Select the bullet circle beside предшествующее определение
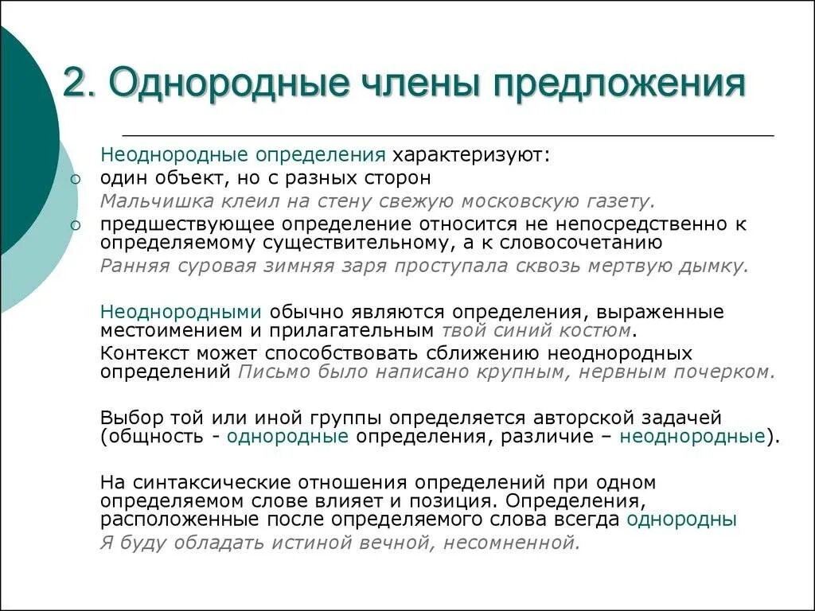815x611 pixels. [x=75, y=226]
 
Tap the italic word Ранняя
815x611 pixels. [x=131, y=266]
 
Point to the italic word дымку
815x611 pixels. [x=715, y=266]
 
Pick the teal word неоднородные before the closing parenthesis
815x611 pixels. [x=692, y=436]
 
